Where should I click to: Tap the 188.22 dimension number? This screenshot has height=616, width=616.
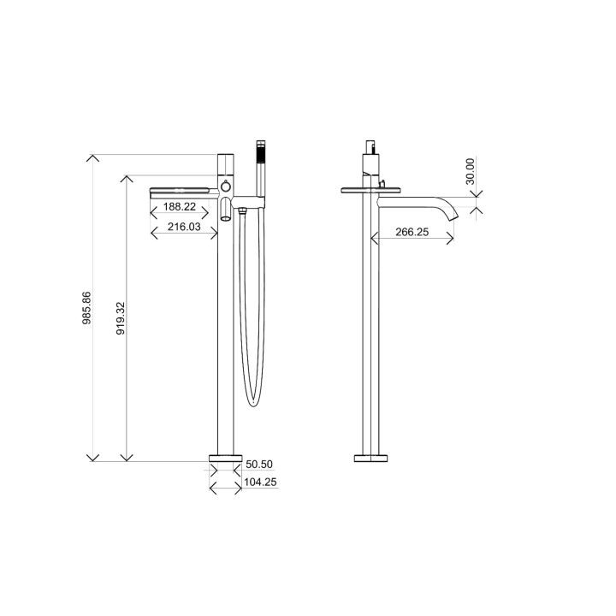(x=179, y=207)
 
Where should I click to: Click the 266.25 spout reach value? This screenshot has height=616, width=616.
(x=412, y=231)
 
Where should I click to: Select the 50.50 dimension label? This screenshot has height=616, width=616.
(x=259, y=465)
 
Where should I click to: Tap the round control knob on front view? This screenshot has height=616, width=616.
(x=225, y=186)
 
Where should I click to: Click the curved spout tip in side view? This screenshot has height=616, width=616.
(x=452, y=211)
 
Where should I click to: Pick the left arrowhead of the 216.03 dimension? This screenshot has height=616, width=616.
(x=153, y=232)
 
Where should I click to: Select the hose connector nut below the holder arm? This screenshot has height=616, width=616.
(x=246, y=209)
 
